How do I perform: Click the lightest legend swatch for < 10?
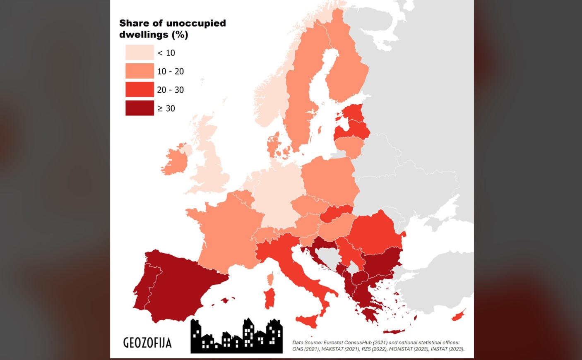coord(139,53)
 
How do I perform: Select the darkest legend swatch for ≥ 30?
coord(139,108)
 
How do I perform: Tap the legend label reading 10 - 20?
coord(170,71)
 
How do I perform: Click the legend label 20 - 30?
coord(170,90)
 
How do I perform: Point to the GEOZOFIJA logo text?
coord(147,343)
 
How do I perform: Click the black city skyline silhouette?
coord(236,337)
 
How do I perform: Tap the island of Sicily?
coord(308,320)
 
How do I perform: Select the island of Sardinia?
coord(269,299)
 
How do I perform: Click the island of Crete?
coord(393,331)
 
